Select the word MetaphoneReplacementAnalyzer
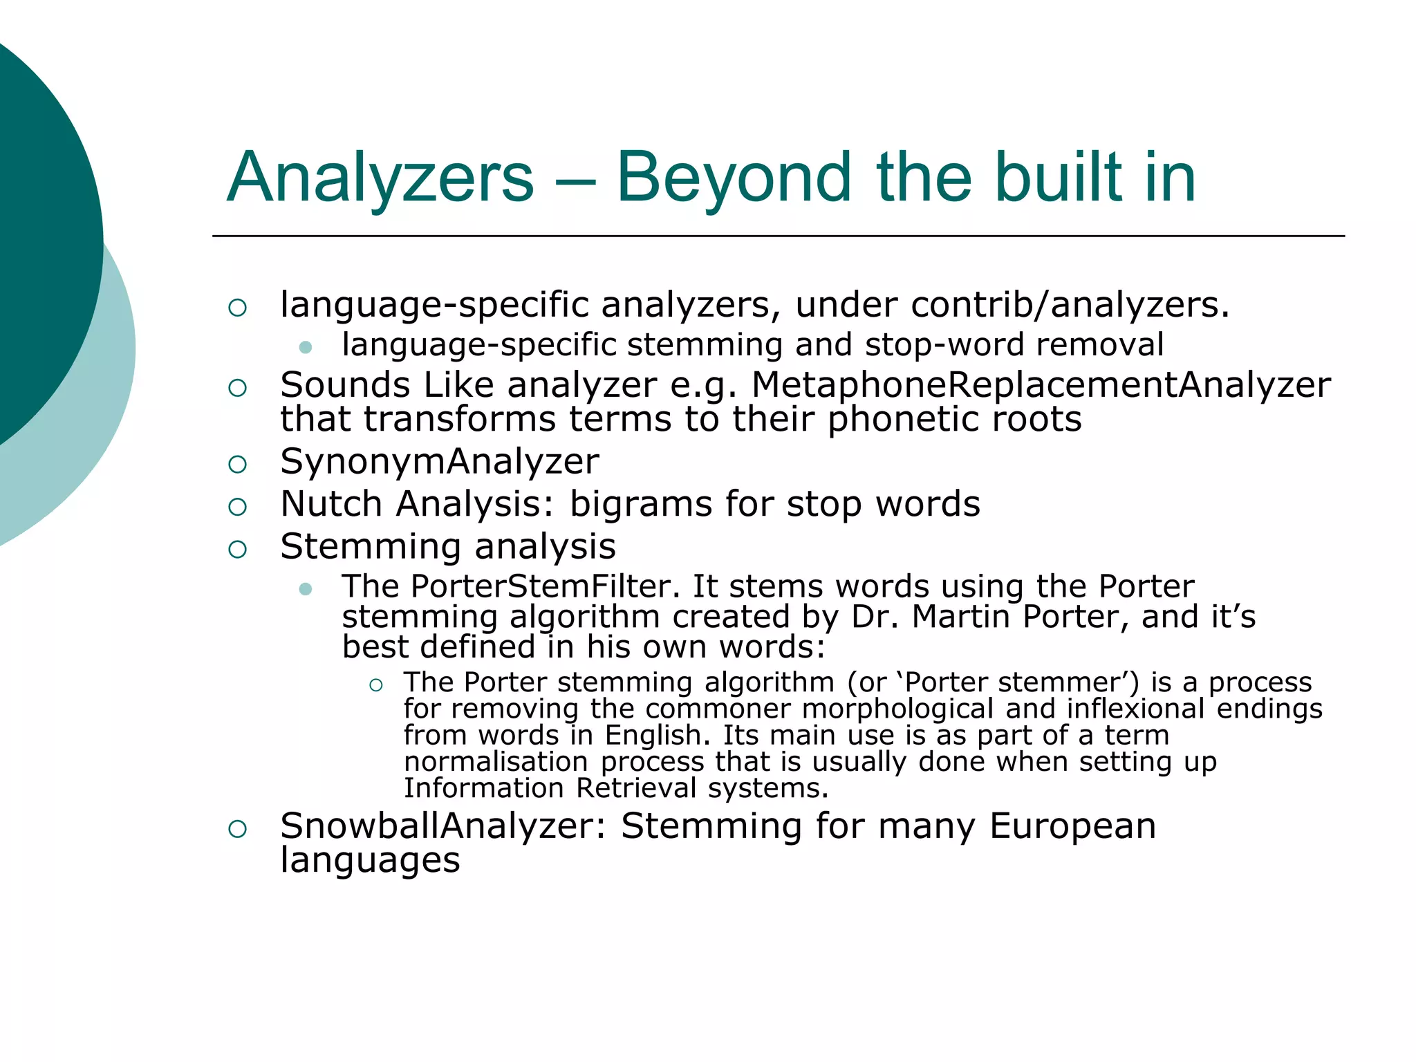tap(1041, 385)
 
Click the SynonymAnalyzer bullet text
tap(440, 462)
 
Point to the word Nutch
tap(331, 503)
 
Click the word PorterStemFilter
tap(541, 586)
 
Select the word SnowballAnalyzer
tap(442, 826)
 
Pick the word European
tap(1072, 826)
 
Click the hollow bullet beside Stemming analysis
tap(237, 549)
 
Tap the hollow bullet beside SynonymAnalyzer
tap(237, 464)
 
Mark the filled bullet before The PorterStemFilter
tap(306, 589)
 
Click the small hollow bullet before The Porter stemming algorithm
tap(375, 685)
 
